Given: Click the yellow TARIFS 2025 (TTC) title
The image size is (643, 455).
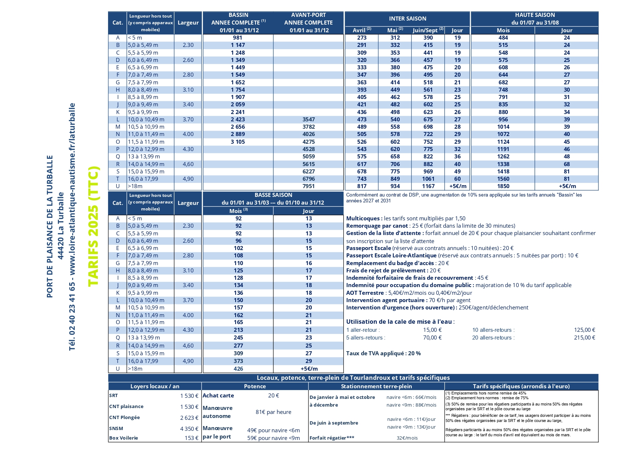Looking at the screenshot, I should point(93,226).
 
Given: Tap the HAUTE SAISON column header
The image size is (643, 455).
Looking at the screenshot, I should point(535,15).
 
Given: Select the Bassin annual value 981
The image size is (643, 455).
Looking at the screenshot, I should point(237,38).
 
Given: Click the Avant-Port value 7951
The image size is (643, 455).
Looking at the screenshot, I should point(308,186).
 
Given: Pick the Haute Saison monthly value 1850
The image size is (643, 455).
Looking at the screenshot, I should point(503,186).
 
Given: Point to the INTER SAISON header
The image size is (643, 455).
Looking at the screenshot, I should point(407,19).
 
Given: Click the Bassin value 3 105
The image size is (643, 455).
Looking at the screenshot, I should point(238,142).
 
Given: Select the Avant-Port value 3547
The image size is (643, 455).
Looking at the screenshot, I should point(308,120).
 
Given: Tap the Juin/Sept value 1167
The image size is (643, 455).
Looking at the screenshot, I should point(428,186).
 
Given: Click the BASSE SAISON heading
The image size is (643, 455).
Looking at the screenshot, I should point(273,195).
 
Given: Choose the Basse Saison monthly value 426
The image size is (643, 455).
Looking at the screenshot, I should point(238,369).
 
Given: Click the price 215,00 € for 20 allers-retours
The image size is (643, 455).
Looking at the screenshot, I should point(584,338).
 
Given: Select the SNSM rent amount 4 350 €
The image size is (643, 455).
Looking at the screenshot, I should point(189,429).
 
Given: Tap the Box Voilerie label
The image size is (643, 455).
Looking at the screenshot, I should point(123,438).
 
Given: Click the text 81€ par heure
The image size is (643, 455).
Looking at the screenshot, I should point(273,412).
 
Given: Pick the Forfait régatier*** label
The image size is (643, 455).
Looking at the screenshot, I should point(332,438).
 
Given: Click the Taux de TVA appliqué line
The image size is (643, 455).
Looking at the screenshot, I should point(383,353).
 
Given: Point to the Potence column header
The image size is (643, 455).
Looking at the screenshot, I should point(255,386).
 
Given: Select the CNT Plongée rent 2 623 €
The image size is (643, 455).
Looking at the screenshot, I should point(189,418).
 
